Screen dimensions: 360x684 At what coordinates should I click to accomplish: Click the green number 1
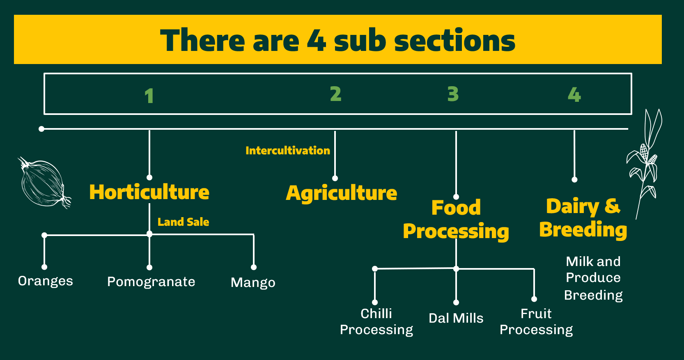point(149,96)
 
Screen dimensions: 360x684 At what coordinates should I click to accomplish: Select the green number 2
point(335,94)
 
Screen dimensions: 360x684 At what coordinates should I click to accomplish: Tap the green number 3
point(453,94)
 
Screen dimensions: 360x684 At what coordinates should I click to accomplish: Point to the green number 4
point(574,95)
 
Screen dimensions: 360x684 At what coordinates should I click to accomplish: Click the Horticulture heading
point(149,192)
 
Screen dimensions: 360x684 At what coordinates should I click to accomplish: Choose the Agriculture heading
point(342,193)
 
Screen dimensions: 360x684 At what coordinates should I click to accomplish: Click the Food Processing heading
point(456,220)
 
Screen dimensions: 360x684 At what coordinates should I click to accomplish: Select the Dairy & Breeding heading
point(583,218)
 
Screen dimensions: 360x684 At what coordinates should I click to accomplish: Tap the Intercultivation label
point(287,151)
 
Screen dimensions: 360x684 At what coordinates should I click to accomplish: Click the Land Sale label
point(183,222)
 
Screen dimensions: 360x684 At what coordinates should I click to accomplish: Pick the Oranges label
point(46,281)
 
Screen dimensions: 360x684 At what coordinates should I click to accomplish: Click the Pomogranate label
point(151,282)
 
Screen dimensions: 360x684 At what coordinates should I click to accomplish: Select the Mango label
point(253,282)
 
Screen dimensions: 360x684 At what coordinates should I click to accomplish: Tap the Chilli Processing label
point(376,322)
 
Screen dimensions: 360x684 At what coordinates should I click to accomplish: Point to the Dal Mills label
point(456,318)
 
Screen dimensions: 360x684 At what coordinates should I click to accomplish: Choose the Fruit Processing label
point(536,322)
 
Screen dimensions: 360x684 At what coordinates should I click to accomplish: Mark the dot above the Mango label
point(254,267)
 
